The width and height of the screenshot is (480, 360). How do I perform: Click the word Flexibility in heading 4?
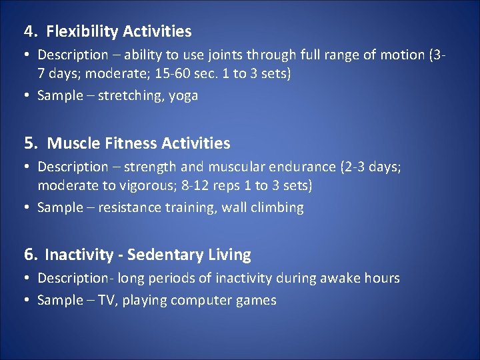pos(77,31)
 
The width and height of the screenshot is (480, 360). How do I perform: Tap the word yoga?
pos(183,95)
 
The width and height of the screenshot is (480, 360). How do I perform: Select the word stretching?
pos(131,95)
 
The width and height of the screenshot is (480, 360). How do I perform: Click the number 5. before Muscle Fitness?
pos(31,143)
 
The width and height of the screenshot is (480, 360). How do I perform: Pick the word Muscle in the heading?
pos(73,143)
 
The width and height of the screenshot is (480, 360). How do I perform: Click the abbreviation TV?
pos(107,300)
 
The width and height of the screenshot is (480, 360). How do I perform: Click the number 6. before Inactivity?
pos(31,255)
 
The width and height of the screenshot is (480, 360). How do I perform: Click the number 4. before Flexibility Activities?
pos(31,31)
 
